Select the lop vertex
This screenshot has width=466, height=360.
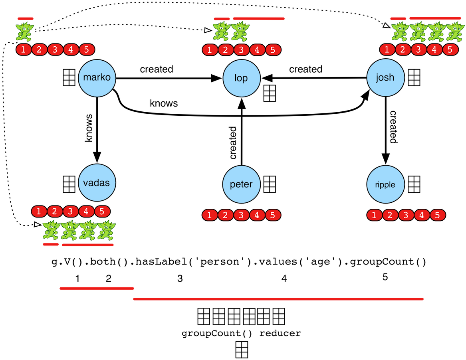click(241, 78)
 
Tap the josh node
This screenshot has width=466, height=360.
click(385, 77)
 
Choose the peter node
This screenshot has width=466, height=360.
click(241, 184)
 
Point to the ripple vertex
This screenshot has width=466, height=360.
click(385, 184)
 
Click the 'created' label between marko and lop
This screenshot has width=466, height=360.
click(157, 69)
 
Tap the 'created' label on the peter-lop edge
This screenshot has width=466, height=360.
click(232, 143)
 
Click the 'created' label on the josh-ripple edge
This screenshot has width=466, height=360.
click(393, 127)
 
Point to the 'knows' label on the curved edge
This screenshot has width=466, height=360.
click(164, 103)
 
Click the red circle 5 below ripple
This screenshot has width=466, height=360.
click(437, 216)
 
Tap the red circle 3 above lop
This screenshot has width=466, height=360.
click(241, 50)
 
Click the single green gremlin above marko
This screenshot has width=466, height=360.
click(24, 32)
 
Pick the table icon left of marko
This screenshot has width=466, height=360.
click(69, 77)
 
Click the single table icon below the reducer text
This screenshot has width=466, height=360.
click(242, 350)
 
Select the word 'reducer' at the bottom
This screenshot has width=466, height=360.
click(280, 333)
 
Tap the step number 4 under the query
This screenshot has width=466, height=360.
click(284, 279)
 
